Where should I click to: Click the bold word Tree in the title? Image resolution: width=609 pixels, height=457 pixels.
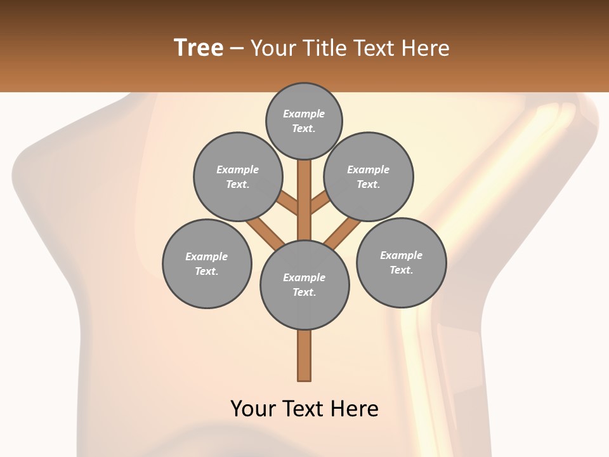tap(199, 48)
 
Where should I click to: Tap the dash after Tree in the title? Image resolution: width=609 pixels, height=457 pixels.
tap(237, 48)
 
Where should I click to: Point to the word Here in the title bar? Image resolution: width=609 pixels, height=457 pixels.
tap(426, 48)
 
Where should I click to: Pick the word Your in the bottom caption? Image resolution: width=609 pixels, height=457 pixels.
tap(254, 408)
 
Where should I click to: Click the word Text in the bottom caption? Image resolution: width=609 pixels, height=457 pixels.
tap(304, 408)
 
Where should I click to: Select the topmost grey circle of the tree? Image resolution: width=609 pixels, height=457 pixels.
tap(304, 121)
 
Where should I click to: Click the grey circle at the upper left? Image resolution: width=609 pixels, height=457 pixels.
tap(237, 176)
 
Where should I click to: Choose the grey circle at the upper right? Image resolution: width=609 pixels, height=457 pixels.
tap(369, 176)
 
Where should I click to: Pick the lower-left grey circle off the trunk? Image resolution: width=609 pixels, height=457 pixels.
tap(207, 263)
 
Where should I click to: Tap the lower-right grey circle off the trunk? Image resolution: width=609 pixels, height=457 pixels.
tap(401, 262)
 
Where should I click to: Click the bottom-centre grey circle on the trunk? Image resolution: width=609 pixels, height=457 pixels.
tap(304, 284)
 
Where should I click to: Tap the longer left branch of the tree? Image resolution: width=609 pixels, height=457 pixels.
tap(265, 232)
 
